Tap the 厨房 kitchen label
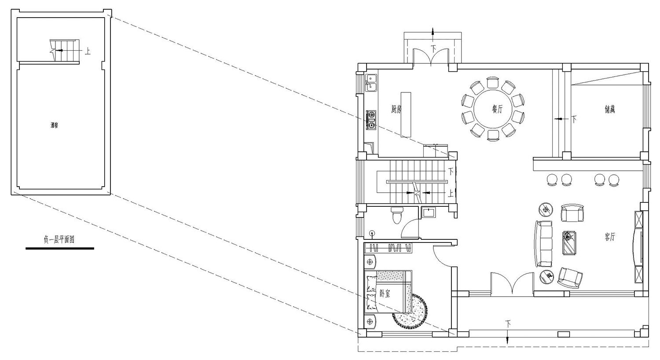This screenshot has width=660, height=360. coord(396,109)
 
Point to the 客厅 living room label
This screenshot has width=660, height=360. coord(609,237)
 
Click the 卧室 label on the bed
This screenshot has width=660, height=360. coord(385,293)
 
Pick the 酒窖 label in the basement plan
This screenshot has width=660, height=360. coord(54,125)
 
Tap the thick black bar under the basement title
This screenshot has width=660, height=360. coord(60,249)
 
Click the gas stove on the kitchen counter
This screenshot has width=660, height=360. coord(371,120)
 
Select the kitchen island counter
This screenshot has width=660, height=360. coord(406,114)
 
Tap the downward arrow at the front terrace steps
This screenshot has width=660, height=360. coord(508,340)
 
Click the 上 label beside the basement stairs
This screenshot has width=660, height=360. coord(88,51)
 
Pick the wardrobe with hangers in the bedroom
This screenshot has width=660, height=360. coord(389,248)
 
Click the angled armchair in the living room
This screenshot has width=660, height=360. coord(570,278)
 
